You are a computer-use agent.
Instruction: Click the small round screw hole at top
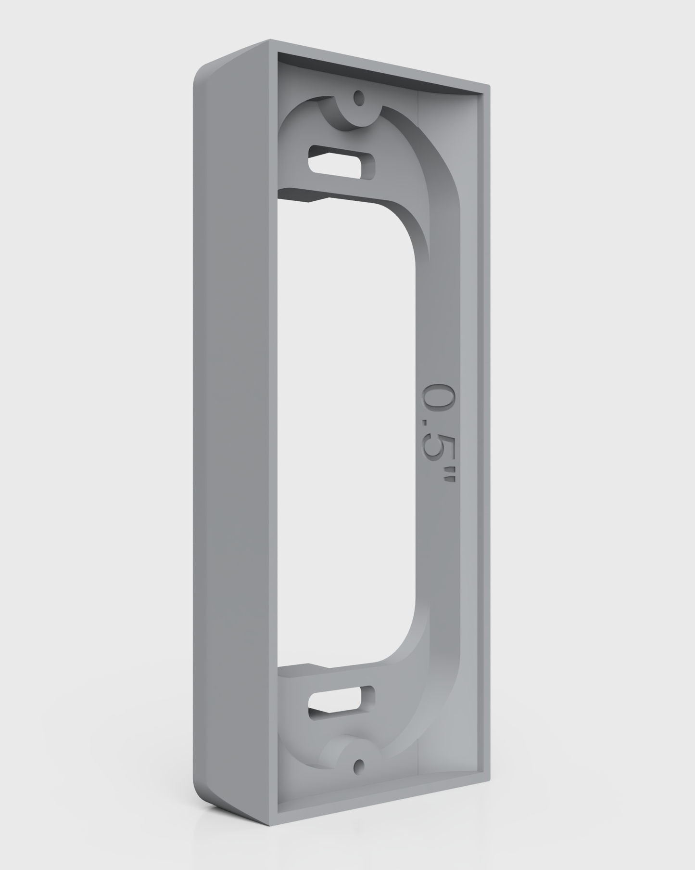coord(358,99)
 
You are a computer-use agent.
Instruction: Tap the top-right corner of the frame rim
coord(488,87)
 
